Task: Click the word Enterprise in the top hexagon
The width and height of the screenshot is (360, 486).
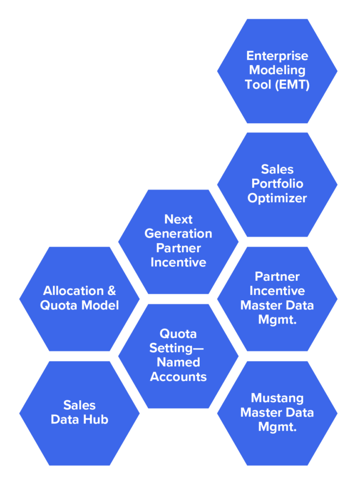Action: tap(277, 56)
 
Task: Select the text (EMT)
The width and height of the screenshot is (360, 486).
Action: tap(292, 85)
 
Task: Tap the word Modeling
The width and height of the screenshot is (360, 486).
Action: tap(277, 70)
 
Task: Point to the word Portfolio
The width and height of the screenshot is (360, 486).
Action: tap(277, 184)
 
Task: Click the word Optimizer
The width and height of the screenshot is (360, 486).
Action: tap(277, 198)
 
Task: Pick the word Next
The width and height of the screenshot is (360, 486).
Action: tap(178, 219)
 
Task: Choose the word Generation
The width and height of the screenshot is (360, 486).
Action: tap(178, 234)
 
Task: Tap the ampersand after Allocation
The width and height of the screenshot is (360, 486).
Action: tap(112, 291)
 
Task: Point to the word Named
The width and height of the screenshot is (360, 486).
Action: tap(178, 362)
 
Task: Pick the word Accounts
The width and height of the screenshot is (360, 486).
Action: tap(178, 377)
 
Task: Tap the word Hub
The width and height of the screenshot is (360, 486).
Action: tap(96, 420)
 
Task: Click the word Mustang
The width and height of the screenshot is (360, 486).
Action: tap(277, 399)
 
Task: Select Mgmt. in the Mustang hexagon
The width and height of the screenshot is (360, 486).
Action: tap(277, 428)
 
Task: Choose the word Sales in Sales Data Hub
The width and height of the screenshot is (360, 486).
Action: tap(79, 405)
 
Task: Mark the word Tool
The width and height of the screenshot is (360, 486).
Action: tap(258, 85)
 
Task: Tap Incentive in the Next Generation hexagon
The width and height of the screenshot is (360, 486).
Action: tap(178, 263)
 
